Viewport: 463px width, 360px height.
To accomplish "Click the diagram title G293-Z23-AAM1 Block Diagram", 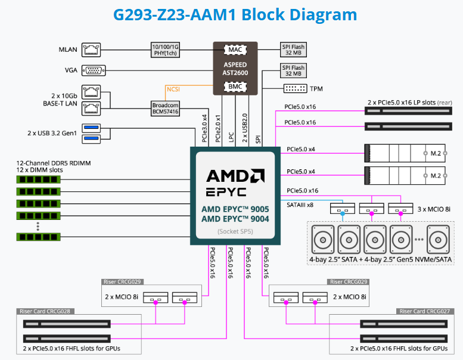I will point(231,14).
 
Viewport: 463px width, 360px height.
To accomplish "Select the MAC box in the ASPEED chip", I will point(235,50).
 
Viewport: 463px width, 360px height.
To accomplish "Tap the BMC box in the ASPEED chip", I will point(235,86).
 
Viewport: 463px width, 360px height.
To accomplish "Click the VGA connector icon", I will point(94,70).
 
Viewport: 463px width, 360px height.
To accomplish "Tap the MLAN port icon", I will point(93,49).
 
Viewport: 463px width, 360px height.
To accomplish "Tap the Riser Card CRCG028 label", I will point(45,311).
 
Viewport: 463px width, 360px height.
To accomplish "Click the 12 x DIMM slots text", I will point(39,170).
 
